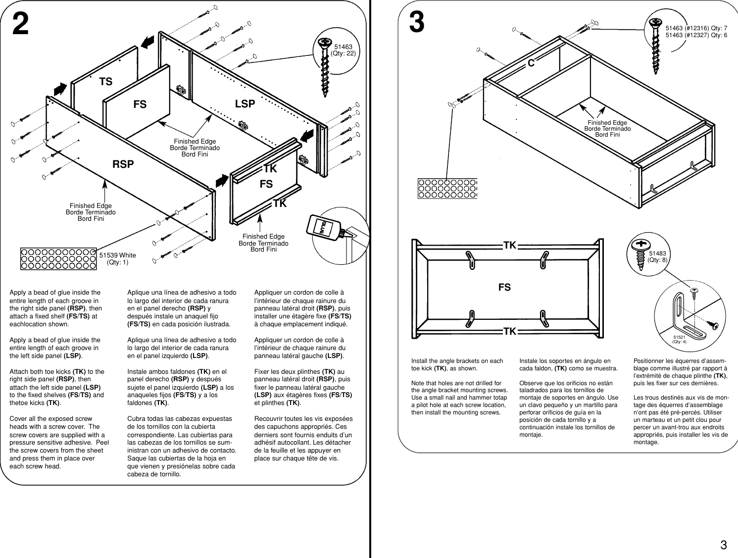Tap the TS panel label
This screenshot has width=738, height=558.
pos(105,82)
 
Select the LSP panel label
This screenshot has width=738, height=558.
pos(245,104)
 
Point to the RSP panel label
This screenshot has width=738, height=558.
pos(123,164)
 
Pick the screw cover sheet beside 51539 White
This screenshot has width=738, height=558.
pos(58,258)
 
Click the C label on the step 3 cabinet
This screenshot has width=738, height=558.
pos(531,63)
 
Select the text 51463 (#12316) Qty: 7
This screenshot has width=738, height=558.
pos(696,28)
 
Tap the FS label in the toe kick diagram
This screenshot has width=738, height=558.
pos(504,287)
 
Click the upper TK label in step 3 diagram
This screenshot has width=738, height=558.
pos(510,245)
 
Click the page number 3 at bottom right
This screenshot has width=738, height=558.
pos(723,546)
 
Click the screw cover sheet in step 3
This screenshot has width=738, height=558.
pos(447,188)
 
